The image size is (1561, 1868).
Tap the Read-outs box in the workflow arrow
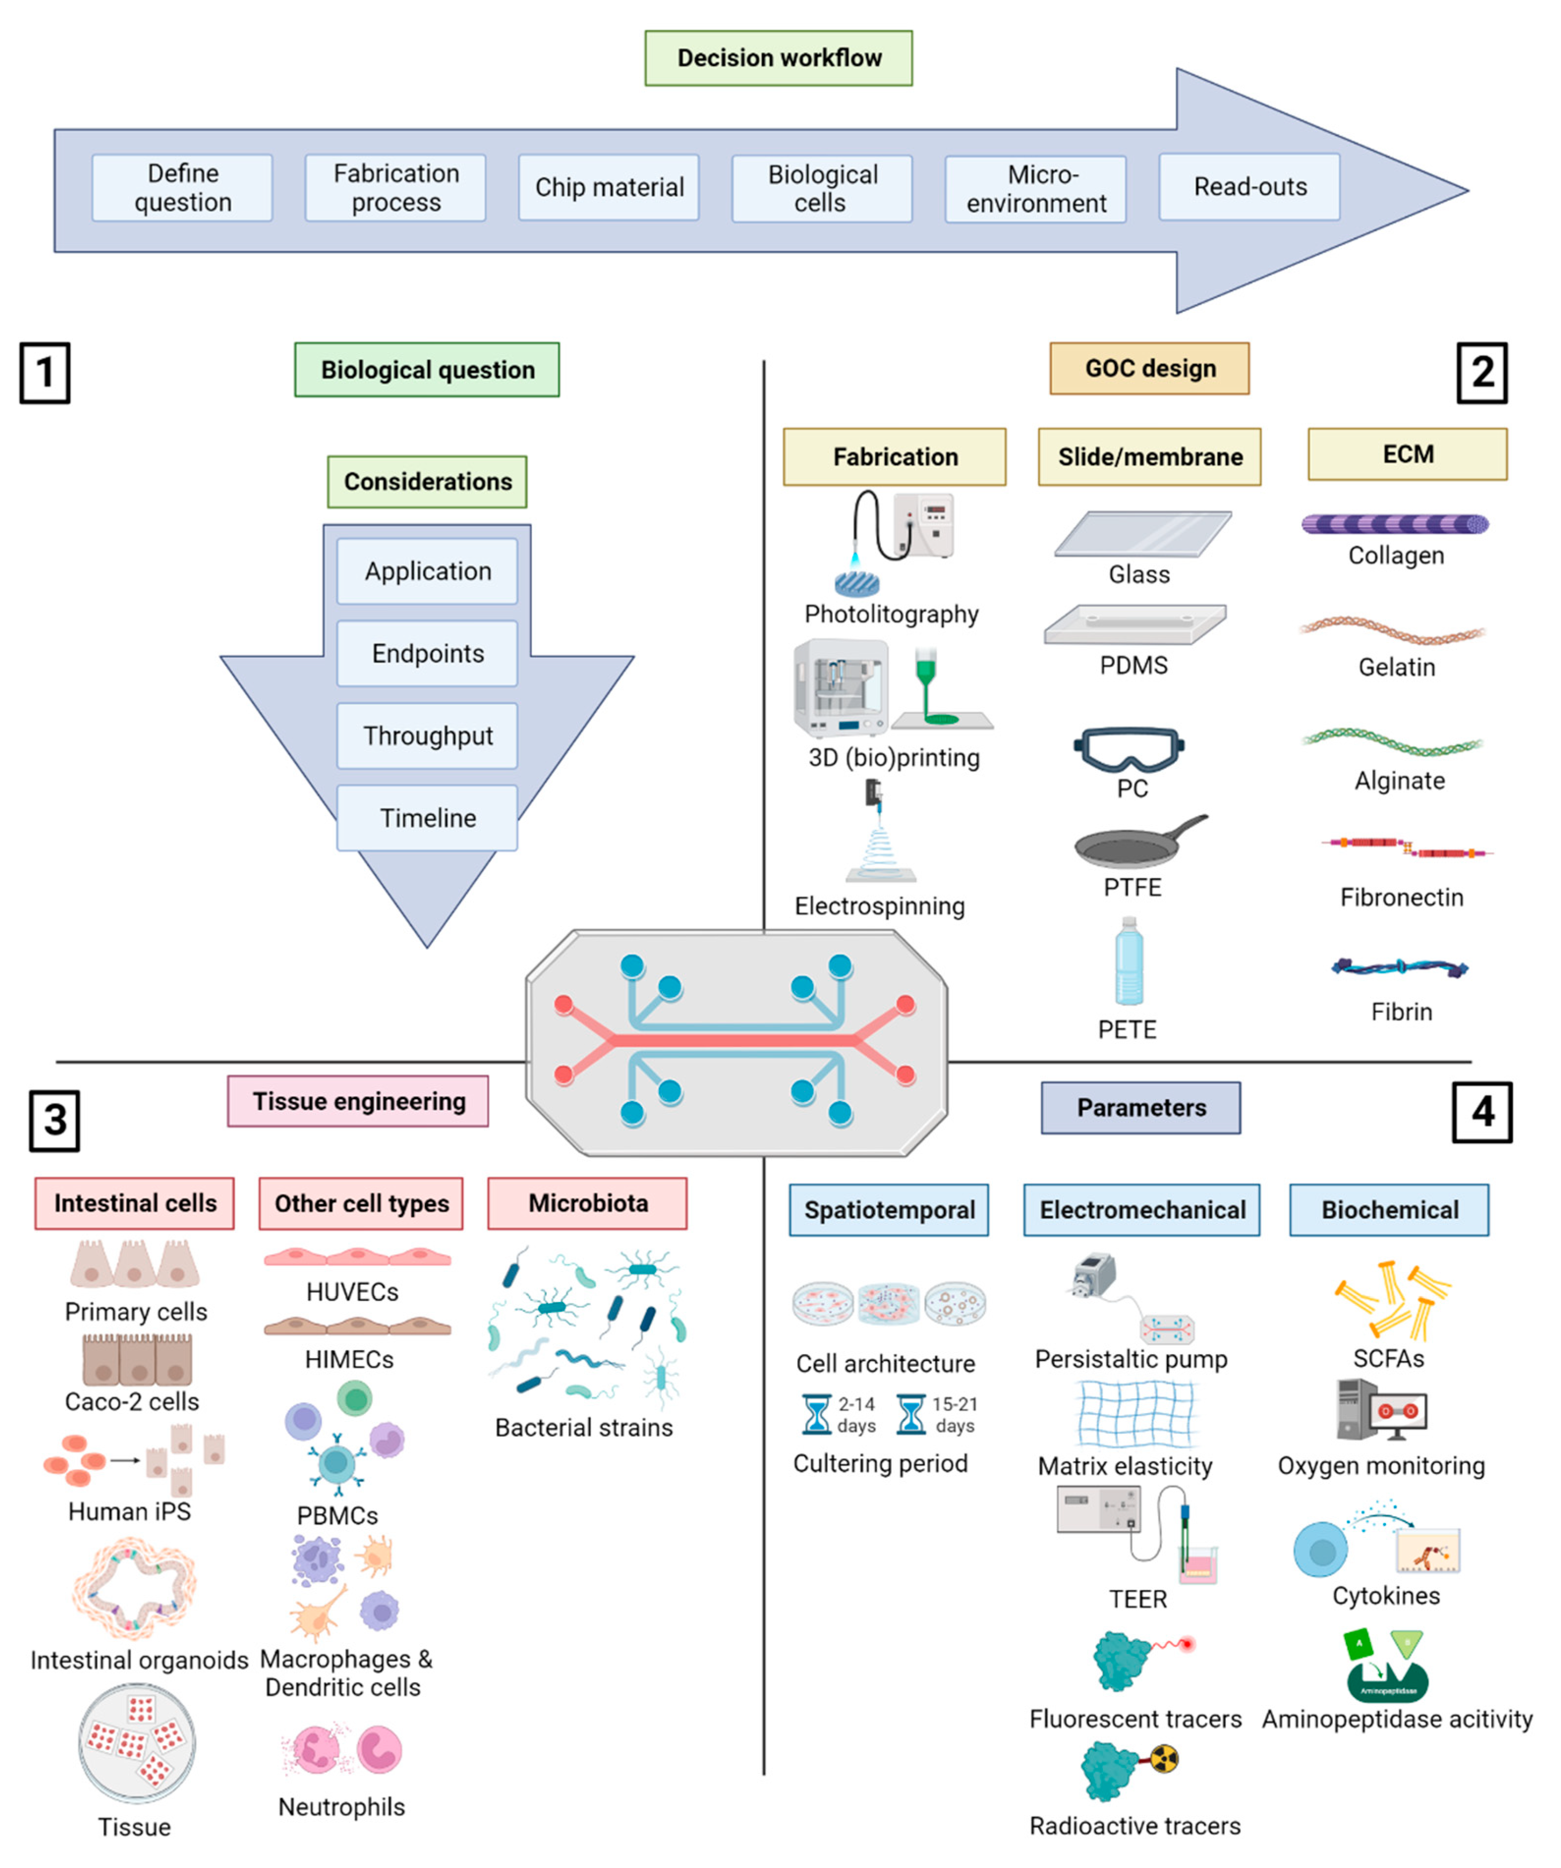pos(1249,187)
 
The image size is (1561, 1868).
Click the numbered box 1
pos(45,373)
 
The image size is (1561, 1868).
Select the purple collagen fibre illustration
pos(1394,524)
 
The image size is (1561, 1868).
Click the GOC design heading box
pos(1149,368)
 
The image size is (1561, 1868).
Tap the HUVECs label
pos(352,1292)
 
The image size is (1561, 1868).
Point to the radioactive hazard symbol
pos(1164,1758)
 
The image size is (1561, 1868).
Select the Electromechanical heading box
pos(1141,1210)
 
